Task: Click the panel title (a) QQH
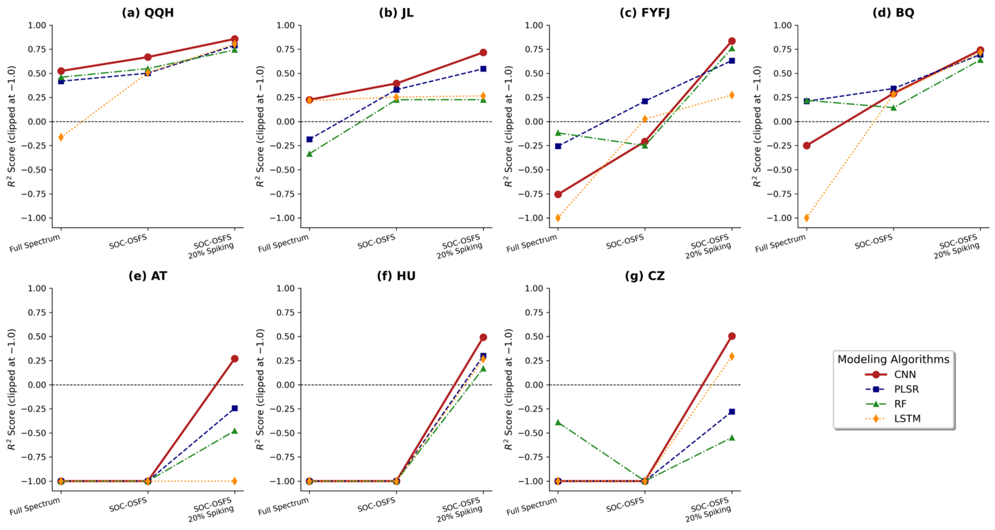coord(148,13)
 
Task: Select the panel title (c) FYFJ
coord(645,13)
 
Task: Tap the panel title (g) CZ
coord(645,276)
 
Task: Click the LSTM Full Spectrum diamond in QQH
coord(61,137)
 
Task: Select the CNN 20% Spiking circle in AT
coord(234,359)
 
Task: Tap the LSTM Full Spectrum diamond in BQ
coord(807,218)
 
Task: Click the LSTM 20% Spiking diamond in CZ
coord(732,356)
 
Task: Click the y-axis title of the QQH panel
coord(11,127)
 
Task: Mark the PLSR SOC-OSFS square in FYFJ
coord(645,101)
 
